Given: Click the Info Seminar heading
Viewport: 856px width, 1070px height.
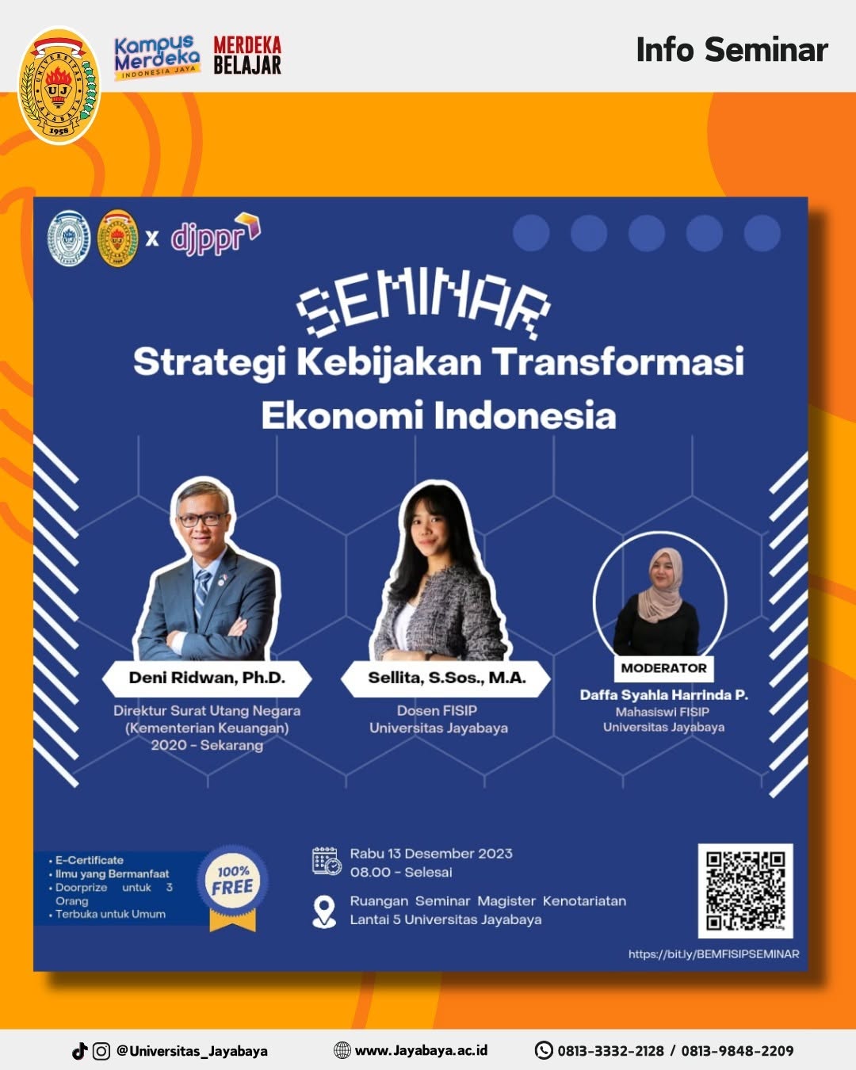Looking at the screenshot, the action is [x=732, y=50].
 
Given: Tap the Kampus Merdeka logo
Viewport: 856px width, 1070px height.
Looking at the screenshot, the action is [x=157, y=58].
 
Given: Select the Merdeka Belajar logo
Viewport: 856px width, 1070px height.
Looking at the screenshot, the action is [x=247, y=55].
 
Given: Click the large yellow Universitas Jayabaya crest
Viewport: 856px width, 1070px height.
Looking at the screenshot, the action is [x=59, y=86].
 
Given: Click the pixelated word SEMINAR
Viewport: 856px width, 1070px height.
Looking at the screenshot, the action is [x=423, y=304].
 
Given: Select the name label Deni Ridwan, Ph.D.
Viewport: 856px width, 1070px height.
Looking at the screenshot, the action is [x=207, y=678].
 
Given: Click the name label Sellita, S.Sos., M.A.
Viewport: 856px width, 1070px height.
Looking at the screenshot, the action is [x=446, y=678].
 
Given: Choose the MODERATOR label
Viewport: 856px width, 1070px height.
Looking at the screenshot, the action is [x=663, y=668].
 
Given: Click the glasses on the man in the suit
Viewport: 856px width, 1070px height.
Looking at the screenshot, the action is [x=202, y=520].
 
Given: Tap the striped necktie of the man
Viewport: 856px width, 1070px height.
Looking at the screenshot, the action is [x=201, y=594].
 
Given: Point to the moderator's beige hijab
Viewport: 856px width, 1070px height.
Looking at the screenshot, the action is [x=663, y=586].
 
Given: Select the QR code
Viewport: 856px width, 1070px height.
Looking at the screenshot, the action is [x=745, y=891].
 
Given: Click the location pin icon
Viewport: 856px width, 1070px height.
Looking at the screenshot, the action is [x=324, y=912].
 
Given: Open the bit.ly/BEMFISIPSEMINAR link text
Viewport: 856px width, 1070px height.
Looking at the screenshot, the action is [x=714, y=954].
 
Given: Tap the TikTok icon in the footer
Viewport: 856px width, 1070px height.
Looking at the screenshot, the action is [x=79, y=1051].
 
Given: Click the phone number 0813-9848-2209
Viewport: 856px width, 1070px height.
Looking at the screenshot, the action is [x=737, y=1051].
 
